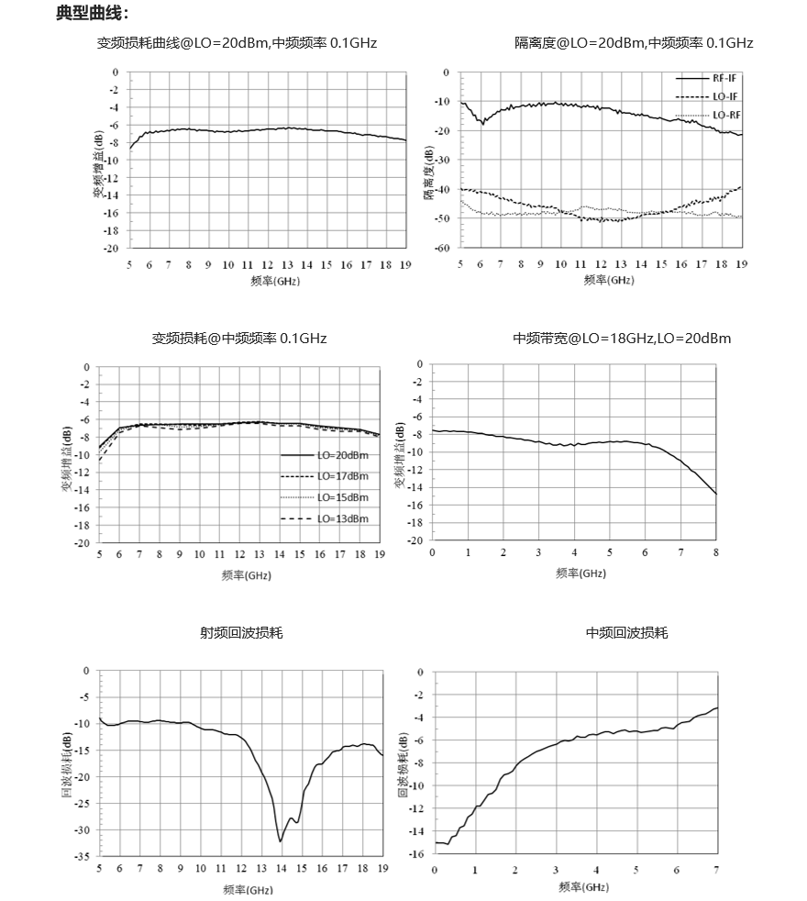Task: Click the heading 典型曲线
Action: tap(92, 13)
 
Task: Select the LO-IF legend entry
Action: tap(707, 96)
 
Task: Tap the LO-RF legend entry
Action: tap(708, 115)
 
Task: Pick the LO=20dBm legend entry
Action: tap(325, 455)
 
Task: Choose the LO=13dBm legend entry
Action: tap(325, 519)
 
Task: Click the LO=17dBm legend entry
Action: tap(325, 476)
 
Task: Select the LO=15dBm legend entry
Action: tap(325, 497)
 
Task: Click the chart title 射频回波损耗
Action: tap(241, 633)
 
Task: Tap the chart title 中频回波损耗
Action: tap(626, 633)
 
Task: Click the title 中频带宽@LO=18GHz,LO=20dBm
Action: tap(622, 338)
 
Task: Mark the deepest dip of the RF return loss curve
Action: tap(281, 841)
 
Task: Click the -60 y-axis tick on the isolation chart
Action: tap(442, 248)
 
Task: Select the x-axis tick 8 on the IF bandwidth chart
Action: tap(716, 552)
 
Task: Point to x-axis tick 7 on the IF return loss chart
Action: tap(716, 870)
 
